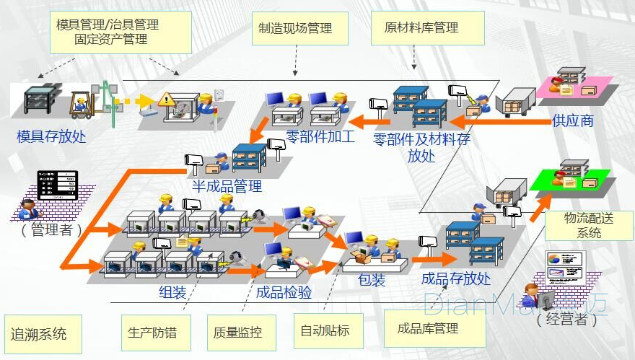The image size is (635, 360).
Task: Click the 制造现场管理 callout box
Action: [295, 29]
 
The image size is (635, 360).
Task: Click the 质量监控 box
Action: [237, 333]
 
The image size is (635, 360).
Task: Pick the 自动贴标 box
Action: [325, 330]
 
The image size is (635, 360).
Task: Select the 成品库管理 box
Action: [428, 329]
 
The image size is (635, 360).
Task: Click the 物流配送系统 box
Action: [589, 224]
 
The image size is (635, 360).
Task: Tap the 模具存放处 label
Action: [51, 136]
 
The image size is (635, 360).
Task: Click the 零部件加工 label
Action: [320, 135]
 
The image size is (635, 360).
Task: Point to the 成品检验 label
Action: [284, 292]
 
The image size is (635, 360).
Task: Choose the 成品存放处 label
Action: [456, 278]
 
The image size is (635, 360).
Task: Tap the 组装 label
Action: [172, 292]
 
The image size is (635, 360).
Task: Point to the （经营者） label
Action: [566, 320]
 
